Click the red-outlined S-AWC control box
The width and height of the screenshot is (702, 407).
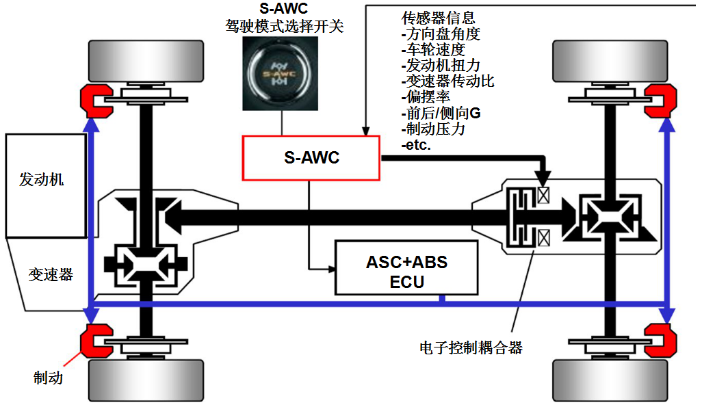point(311,158)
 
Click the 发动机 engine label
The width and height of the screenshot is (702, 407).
point(42,180)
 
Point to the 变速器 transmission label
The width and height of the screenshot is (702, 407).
point(50,274)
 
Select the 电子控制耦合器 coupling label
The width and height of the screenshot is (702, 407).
point(471,347)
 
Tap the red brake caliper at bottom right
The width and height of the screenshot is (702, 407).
point(658,339)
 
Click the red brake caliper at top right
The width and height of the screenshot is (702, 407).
point(658,100)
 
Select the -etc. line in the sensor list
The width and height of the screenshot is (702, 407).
point(416,144)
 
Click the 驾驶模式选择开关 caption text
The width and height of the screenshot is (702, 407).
point(284,27)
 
